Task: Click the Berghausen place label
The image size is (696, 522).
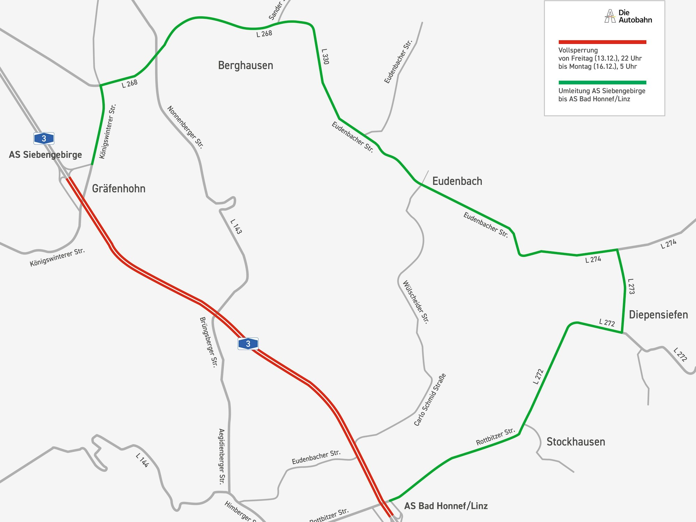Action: coord(245,65)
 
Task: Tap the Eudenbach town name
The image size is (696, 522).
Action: coord(457,181)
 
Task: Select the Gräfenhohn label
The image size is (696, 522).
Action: coord(119,189)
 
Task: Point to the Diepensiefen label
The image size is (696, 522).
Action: coord(658,315)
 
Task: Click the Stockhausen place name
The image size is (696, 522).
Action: coord(576,442)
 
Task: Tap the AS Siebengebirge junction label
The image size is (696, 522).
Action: coord(45,155)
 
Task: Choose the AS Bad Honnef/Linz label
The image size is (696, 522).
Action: coord(446,506)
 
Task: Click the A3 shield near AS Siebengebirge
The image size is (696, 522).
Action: coord(44,139)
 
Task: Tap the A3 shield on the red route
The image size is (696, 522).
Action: coord(248,344)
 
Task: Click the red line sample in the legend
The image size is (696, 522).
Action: coord(602,42)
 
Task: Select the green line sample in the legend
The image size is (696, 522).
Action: coord(602,82)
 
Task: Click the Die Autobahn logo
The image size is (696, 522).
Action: coord(628,16)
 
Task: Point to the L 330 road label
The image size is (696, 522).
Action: coord(325,56)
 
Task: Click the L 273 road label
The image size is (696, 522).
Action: coord(631,286)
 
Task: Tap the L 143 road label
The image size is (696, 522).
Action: coord(236,226)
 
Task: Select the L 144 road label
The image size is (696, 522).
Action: coord(142,460)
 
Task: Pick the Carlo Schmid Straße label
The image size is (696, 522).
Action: coord(430,400)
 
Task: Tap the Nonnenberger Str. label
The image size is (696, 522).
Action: coord(185,127)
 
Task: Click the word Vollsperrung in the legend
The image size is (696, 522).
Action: coord(578,50)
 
